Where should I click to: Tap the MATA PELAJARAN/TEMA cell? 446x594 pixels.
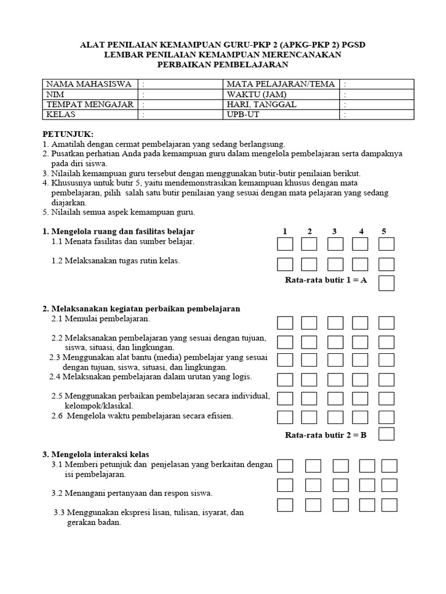point(281,84)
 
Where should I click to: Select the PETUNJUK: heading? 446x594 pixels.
point(68,134)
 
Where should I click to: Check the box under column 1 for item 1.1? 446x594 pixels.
point(285,244)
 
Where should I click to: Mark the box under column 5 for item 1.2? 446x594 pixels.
point(386,265)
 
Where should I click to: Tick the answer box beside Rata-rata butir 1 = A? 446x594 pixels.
point(386,283)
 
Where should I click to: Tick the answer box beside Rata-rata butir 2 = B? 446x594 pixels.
point(386,434)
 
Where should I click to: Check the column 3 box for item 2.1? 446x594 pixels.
point(335,323)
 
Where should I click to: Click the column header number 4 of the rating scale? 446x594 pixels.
point(361,231)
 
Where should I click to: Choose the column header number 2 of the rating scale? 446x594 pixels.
point(310,231)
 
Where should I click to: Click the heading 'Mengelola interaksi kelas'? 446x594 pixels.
point(104,454)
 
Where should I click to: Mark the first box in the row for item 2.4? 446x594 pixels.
point(285,379)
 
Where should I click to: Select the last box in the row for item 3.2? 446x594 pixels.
point(389,485)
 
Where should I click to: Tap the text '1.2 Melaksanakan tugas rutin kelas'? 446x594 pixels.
point(116,260)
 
